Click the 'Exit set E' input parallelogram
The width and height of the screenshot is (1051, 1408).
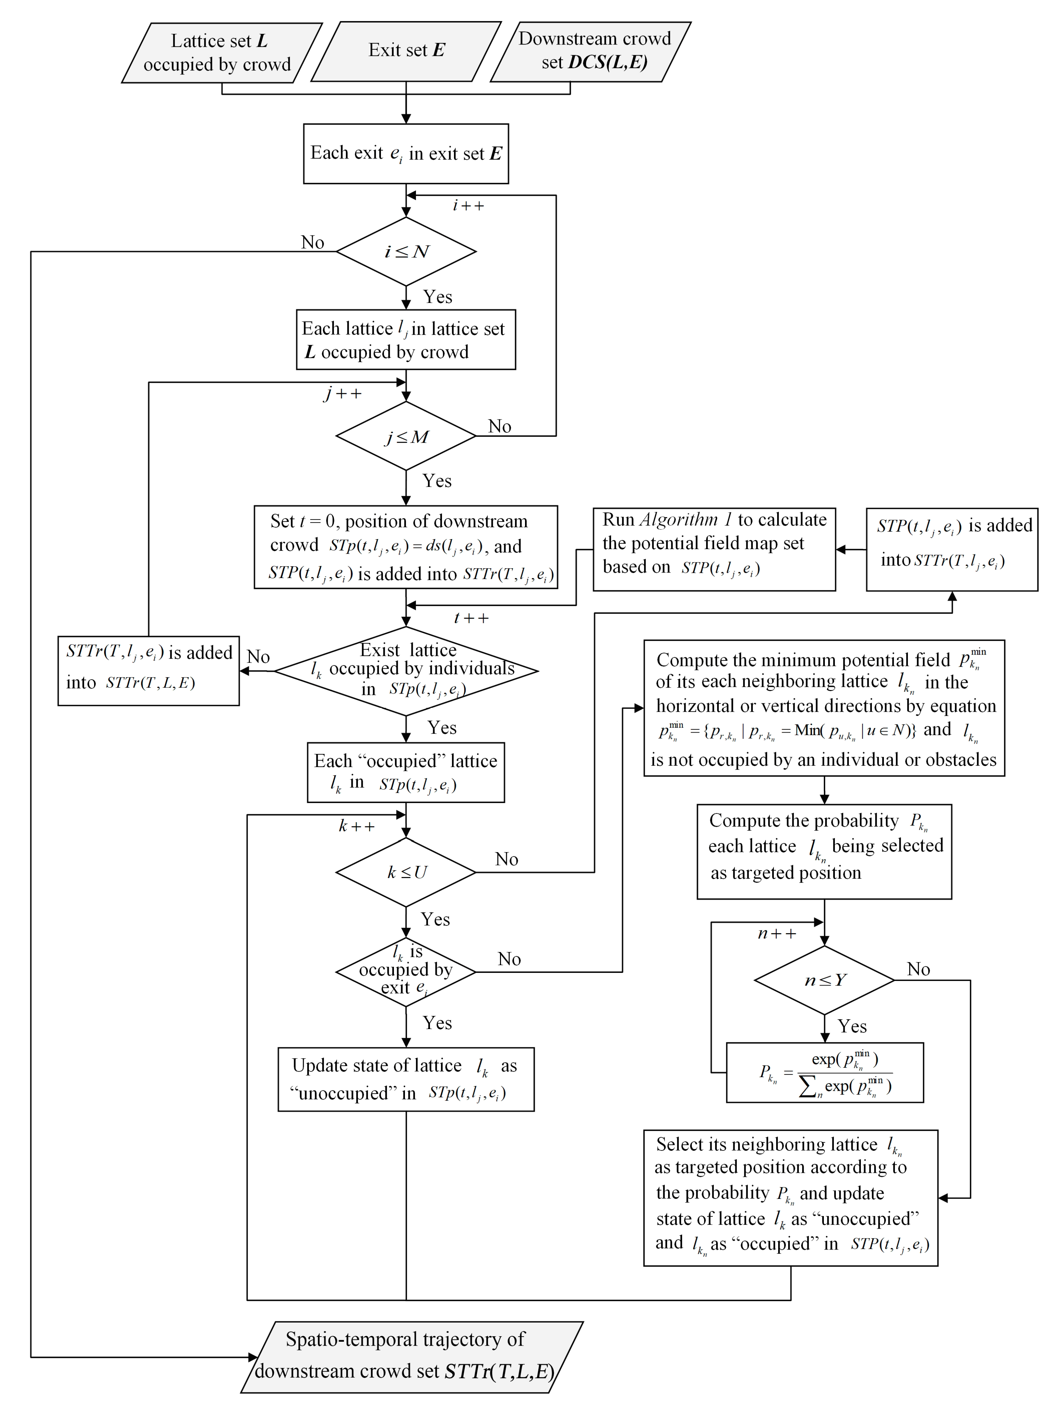click(x=406, y=51)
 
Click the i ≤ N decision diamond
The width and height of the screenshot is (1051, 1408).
click(x=406, y=251)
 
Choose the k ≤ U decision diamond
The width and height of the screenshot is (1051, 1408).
click(x=406, y=872)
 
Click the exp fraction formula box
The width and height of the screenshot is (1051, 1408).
click(x=825, y=1073)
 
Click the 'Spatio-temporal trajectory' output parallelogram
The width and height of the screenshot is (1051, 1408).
click(x=406, y=1357)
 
